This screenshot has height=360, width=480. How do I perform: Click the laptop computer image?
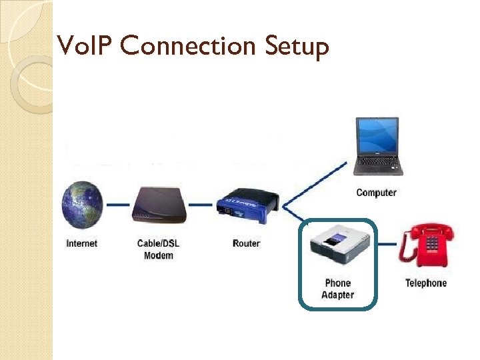pyautogui.click(x=377, y=147)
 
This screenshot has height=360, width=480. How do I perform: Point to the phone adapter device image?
pyautogui.click(x=337, y=247)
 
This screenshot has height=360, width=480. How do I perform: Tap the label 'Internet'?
pyautogui.click(x=81, y=243)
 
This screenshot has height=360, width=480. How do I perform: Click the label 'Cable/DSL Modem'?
pyautogui.click(x=158, y=249)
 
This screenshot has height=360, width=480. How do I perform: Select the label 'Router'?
pyautogui.click(x=246, y=243)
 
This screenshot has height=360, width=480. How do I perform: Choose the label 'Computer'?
pyautogui.click(x=376, y=193)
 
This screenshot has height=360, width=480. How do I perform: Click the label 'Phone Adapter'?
pyautogui.click(x=337, y=289)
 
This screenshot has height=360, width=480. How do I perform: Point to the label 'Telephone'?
pyautogui.click(x=426, y=283)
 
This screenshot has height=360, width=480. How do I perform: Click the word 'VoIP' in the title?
pyautogui.click(x=79, y=46)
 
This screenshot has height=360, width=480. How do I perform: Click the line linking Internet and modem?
pyautogui.click(x=118, y=205)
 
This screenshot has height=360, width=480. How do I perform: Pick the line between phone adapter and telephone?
pyautogui.click(x=388, y=245)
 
